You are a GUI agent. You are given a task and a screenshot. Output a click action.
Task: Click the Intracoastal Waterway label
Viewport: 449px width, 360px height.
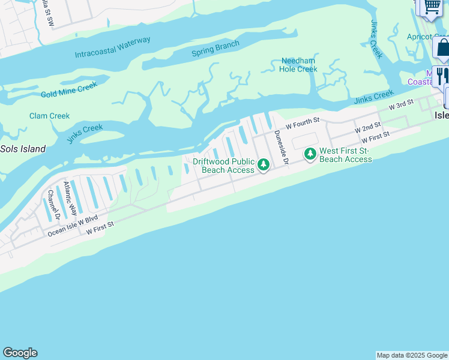112,48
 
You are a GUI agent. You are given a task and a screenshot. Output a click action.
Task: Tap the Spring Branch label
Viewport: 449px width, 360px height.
215,48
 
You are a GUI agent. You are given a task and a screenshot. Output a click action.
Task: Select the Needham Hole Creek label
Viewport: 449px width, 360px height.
298,65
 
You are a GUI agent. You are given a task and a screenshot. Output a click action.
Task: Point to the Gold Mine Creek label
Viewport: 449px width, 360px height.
68,91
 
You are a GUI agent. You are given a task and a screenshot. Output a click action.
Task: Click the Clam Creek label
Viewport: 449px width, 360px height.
49,116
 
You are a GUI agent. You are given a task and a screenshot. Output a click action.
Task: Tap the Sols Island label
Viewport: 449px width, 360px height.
23,149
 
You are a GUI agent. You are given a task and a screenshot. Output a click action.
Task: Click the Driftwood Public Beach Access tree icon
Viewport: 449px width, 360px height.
263,164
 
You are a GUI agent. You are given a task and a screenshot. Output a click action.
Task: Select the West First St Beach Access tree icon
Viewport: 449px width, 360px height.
310,154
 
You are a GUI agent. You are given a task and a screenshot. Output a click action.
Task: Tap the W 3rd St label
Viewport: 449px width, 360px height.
402,105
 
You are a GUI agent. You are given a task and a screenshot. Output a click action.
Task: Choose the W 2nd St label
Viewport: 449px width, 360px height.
367,127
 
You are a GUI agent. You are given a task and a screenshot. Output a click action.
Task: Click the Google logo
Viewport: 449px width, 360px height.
20,353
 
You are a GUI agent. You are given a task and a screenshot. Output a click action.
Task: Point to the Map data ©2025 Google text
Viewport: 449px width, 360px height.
412,355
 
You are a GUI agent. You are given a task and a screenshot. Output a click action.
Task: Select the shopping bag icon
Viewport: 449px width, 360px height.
443,48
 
